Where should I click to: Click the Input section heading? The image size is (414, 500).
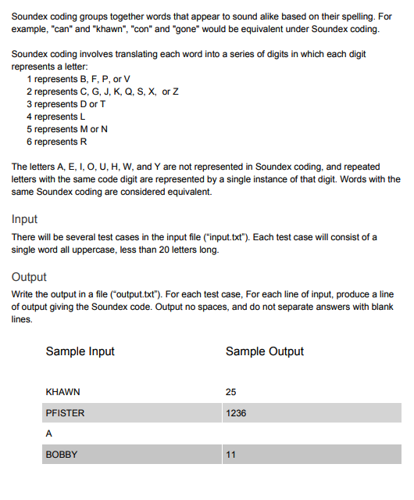coord(25,219)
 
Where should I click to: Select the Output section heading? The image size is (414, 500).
coord(29,277)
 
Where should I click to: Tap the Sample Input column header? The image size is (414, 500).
coord(80,351)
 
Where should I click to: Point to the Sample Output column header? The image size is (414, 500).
coord(265,351)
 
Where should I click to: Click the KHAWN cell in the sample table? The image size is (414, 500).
coord(63,392)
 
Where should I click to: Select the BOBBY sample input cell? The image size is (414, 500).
coord(62,454)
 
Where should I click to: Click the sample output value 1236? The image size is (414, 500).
coord(235,412)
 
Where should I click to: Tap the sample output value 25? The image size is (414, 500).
coord(230,392)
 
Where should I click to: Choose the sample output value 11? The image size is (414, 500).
coord(230,454)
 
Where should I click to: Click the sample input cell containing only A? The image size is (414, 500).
coord(49,433)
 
